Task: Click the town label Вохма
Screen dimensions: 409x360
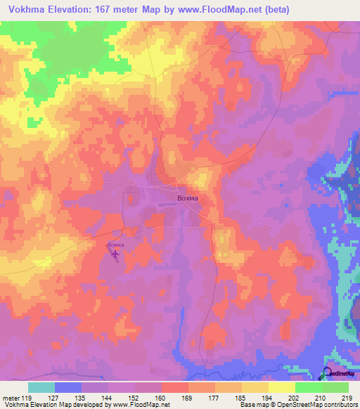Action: click(x=187, y=198)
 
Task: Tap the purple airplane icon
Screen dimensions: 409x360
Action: click(x=115, y=254)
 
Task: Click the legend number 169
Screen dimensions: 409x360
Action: click(x=188, y=397)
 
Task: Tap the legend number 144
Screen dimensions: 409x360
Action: click(x=108, y=397)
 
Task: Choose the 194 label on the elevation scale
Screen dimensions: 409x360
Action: click(x=268, y=397)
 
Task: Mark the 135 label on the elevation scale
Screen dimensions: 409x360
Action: click(x=81, y=397)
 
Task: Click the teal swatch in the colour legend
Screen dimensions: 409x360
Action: click(x=41, y=387)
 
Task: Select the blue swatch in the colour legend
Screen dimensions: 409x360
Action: click(x=68, y=387)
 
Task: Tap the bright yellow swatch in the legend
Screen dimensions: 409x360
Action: click(x=281, y=387)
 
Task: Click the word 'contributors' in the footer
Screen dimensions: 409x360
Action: click(x=340, y=405)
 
